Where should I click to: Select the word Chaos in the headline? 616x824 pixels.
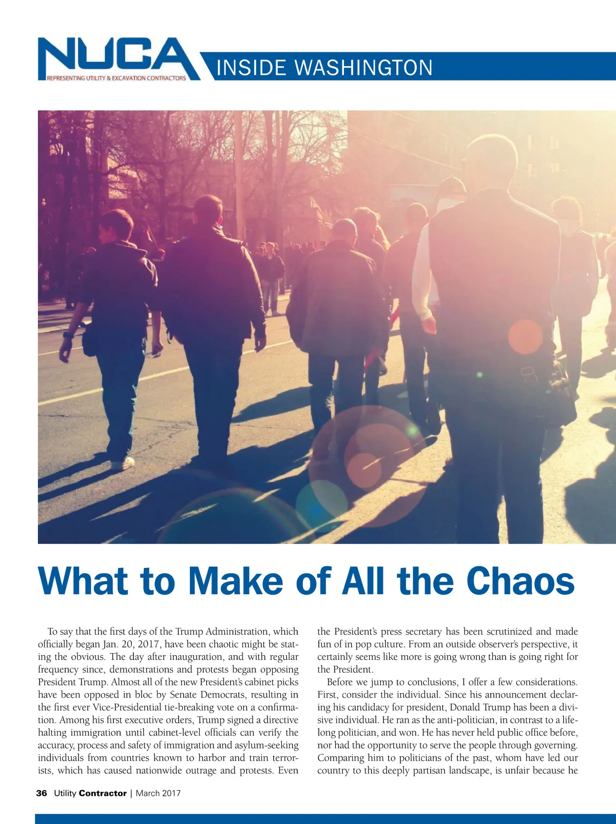pyautogui.click(x=520, y=581)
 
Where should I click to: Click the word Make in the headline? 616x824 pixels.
pyautogui.click(x=236, y=581)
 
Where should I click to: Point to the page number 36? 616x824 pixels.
pyautogui.click(x=42, y=793)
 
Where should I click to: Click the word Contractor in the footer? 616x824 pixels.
pyautogui.click(x=103, y=793)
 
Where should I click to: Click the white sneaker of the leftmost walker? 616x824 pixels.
pyautogui.click(x=123, y=463)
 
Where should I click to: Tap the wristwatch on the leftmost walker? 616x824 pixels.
pyautogui.click(x=69, y=335)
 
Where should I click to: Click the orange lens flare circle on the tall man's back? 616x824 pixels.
pyautogui.click(x=525, y=337)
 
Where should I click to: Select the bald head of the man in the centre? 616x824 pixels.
pyautogui.click(x=344, y=230)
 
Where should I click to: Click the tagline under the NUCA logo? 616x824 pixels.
pyautogui.click(x=117, y=79)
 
